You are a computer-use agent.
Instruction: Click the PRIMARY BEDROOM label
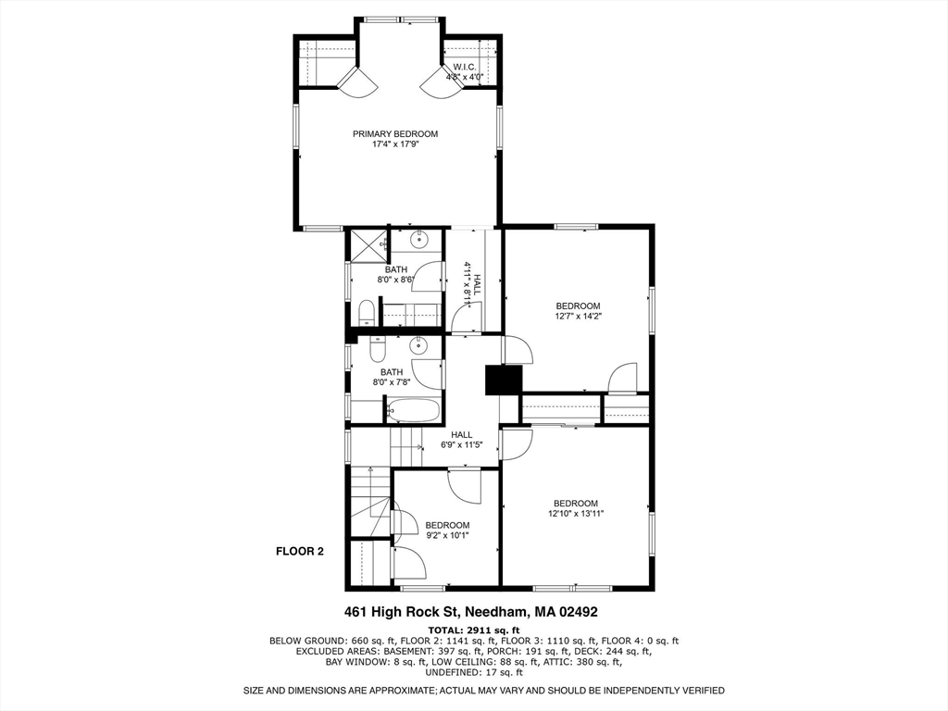click(395, 134)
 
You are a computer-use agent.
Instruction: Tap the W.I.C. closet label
click(464, 67)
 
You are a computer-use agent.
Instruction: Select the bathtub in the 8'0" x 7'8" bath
click(413, 410)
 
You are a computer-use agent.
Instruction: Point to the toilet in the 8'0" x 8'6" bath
click(366, 310)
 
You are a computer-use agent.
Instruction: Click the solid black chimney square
click(504, 380)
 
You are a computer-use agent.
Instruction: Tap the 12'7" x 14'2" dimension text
click(578, 317)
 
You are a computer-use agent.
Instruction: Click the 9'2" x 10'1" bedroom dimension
click(447, 535)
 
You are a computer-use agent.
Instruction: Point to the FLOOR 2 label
click(300, 552)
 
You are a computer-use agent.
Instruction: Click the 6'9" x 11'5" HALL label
click(461, 440)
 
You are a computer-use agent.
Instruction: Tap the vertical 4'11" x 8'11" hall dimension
click(469, 283)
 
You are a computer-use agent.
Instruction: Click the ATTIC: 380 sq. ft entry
click(585, 662)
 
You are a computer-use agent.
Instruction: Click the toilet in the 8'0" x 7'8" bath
click(377, 349)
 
